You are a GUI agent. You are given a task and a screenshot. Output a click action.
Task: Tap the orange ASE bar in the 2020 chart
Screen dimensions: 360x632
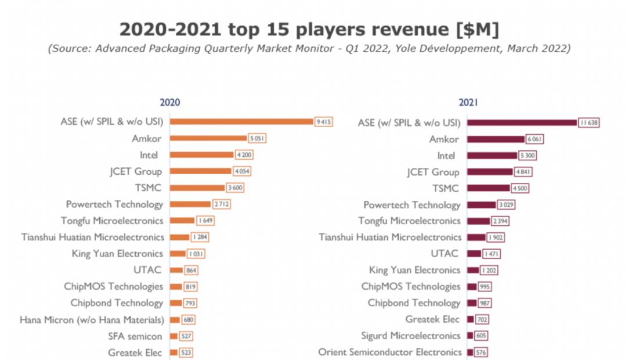(241, 121)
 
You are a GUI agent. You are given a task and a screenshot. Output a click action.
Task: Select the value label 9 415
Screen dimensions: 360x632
(323, 121)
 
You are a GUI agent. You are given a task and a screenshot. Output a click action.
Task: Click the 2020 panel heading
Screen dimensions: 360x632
(170, 102)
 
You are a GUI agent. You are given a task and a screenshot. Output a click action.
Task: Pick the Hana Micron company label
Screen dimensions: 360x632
(92, 319)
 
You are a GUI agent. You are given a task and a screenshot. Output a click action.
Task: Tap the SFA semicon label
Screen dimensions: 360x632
(135, 336)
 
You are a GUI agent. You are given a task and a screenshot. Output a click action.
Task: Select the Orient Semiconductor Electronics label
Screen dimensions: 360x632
(390, 352)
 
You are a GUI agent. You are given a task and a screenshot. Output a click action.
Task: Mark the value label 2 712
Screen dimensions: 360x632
(220, 204)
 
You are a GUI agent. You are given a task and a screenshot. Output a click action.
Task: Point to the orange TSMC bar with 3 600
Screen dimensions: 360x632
(197, 188)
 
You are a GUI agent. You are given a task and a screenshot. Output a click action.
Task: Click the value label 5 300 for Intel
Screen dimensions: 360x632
(527, 156)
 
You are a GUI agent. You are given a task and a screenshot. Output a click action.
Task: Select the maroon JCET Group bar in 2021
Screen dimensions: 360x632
(490, 172)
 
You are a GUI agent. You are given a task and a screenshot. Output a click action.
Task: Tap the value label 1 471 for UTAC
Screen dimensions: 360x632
(491, 254)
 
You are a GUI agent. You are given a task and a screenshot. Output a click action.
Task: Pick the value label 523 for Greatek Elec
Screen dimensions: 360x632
(186, 352)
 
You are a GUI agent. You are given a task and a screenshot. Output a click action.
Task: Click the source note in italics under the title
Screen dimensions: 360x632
(309, 49)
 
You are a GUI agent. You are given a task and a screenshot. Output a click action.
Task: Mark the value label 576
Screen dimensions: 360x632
(481, 352)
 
